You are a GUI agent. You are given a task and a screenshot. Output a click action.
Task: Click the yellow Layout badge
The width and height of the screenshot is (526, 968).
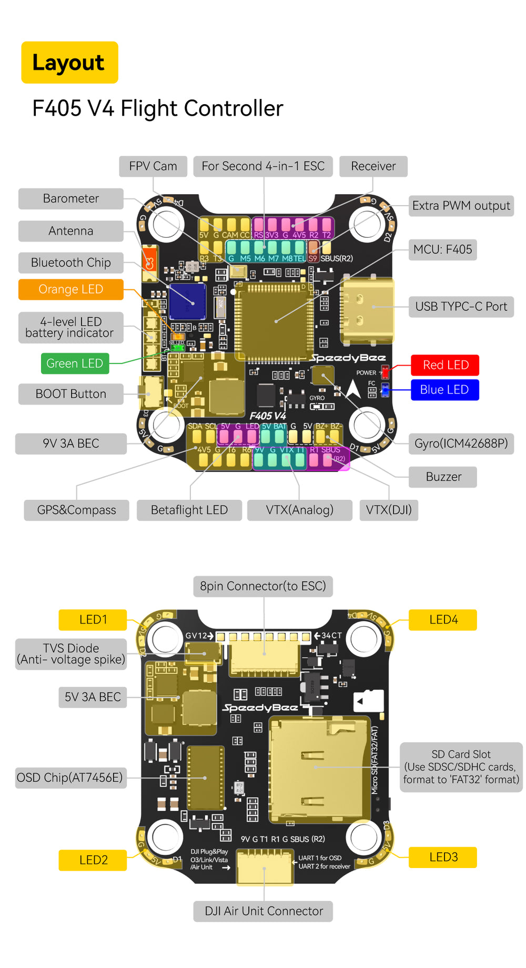69,63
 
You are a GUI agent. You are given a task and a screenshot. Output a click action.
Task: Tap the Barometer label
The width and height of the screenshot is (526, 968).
71,199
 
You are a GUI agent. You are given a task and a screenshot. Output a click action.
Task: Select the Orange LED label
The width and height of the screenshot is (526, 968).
71,289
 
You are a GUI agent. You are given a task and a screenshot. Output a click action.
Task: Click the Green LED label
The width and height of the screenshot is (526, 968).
75,364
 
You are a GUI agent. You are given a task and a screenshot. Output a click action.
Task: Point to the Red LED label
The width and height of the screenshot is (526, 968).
445,365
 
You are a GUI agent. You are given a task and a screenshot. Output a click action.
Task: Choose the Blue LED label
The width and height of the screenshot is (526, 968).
444,390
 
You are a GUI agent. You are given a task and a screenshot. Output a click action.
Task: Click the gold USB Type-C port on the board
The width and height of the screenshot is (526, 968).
367,310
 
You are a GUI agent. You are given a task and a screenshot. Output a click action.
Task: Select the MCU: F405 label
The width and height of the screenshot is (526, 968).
443,249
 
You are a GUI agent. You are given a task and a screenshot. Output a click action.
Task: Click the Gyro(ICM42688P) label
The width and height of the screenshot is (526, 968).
461,443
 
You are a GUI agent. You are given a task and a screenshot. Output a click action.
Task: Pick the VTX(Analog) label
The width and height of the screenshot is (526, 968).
299,510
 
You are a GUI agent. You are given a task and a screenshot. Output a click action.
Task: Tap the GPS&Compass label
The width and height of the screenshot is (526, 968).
77,510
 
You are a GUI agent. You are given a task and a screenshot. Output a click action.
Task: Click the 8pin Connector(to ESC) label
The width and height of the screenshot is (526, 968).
263,586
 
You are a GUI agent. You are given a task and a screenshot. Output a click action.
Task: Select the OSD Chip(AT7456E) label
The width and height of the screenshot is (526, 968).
69,778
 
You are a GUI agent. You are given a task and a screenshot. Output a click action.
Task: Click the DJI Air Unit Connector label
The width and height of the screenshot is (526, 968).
264,911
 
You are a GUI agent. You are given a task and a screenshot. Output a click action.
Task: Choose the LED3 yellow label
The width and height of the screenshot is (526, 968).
443,857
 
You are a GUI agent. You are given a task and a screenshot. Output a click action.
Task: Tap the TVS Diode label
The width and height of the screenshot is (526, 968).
71,654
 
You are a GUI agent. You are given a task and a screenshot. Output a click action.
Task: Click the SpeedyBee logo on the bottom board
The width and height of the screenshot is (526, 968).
260,708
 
